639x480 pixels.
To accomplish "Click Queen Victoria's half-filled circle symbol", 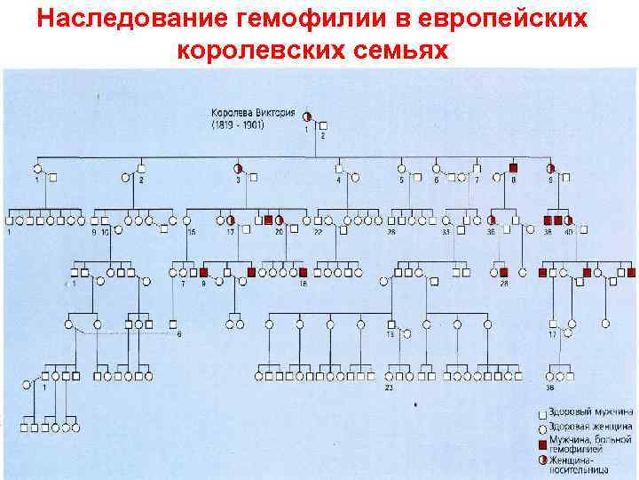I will (307, 116).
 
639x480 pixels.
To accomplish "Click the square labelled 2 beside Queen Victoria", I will (322, 125).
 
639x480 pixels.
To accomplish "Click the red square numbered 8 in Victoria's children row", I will (514, 167).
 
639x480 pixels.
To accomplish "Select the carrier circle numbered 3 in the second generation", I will (238, 167).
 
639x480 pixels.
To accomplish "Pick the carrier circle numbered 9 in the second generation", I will (550, 167).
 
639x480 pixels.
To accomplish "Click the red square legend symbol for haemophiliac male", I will (542, 443).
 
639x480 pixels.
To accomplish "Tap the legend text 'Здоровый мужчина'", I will (590, 413).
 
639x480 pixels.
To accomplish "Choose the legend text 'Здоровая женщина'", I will (590, 428).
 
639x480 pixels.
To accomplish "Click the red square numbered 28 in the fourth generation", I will (503, 272).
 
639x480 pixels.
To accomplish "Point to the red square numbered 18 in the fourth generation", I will (303, 272).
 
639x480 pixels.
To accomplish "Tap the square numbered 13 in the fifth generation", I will (390, 324).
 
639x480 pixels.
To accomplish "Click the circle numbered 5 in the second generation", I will (401, 167).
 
